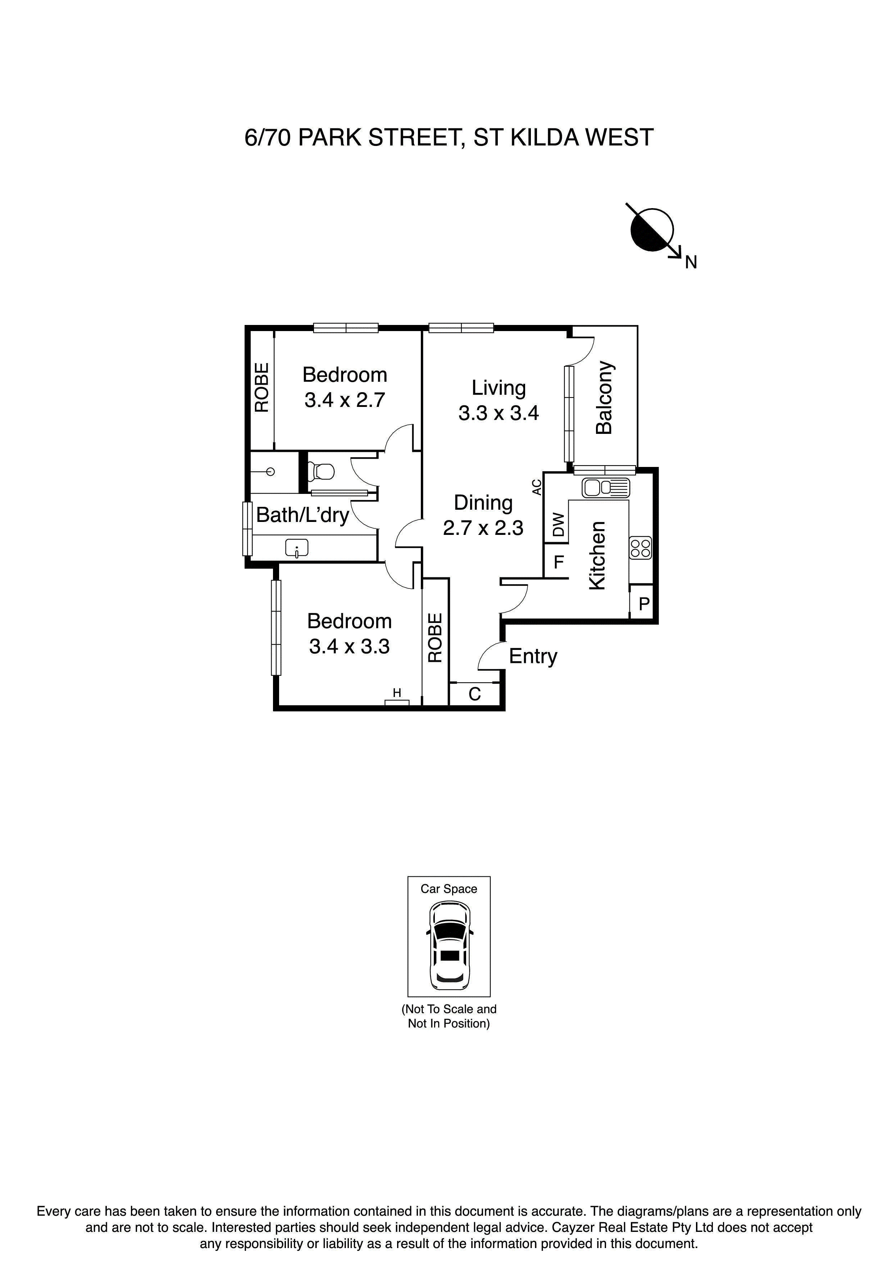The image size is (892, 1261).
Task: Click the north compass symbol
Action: point(652,230)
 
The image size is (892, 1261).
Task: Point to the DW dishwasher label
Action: point(558,524)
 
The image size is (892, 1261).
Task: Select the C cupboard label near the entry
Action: point(474,694)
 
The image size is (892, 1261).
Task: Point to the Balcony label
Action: point(604,397)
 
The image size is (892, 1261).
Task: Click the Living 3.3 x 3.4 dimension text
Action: point(499,412)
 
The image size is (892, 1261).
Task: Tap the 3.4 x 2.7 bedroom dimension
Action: point(345,400)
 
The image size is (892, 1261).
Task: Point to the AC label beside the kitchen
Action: point(537,487)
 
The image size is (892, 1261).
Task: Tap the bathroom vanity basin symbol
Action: point(297,547)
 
